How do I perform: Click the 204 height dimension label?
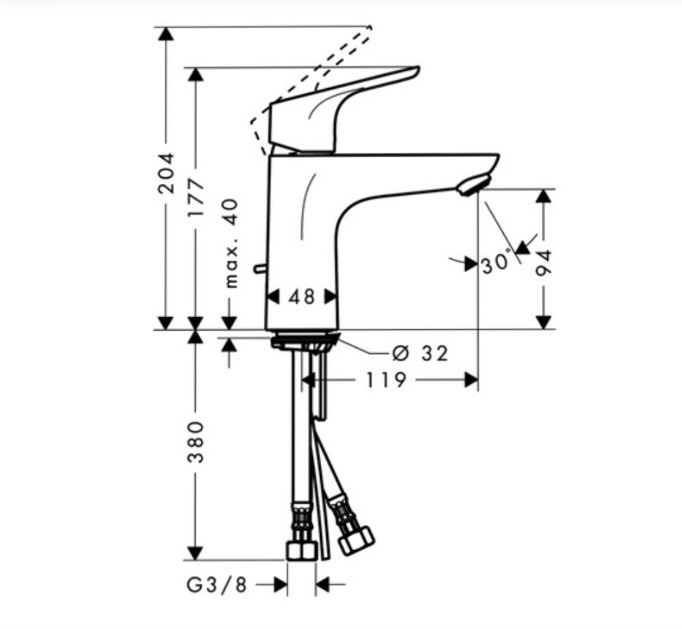[x=166, y=173]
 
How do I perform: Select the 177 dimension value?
[x=196, y=197]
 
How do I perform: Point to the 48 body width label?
[x=302, y=297]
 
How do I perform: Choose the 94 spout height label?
[x=543, y=263]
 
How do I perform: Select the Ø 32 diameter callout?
[x=420, y=353]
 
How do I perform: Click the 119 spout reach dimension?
[x=386, y=380]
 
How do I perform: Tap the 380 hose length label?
[x=196, y=442]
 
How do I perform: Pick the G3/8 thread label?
[x=217, y=585]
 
